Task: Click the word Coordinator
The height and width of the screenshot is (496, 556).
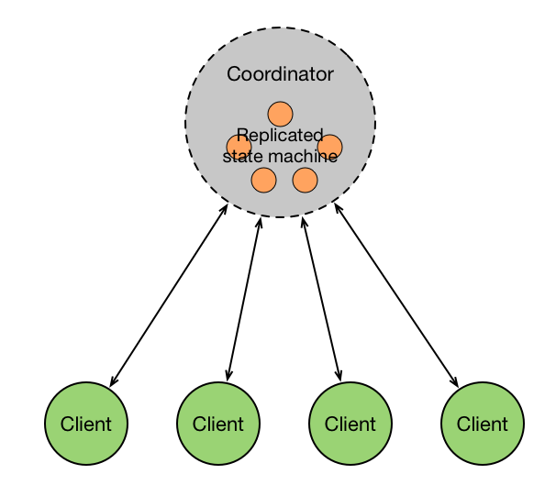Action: pos(280,74)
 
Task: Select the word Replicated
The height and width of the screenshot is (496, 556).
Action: pos(280,136)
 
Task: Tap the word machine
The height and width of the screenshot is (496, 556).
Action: pos(303,156)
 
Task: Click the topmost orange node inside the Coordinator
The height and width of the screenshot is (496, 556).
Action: pos(280,114)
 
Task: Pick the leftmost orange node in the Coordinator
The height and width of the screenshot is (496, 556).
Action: pos(239,146)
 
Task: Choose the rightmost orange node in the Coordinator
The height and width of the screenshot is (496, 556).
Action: pos(329,146)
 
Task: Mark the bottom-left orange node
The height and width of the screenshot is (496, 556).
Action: pos(263,181)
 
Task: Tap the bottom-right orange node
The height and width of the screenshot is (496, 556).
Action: pos(305,181)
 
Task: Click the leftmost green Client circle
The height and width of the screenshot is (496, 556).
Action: pos(86,424)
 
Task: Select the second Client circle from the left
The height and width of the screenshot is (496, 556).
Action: pos(218,424)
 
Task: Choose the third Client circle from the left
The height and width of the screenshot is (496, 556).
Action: pos(350,424)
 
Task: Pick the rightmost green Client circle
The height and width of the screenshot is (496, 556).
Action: pos(483,424)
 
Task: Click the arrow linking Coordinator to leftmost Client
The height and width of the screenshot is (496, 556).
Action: pos(169,295)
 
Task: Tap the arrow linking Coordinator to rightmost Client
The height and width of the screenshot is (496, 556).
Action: pos(396,295)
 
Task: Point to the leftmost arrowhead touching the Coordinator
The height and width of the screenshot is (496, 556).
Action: pos(225,210)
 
